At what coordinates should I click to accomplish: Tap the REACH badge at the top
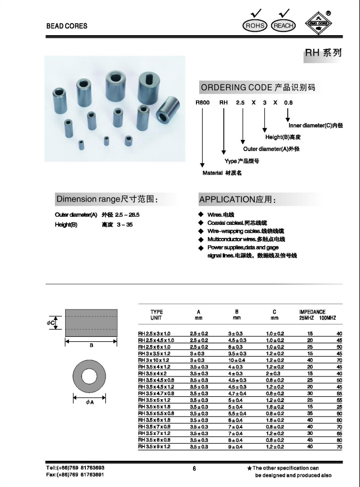283,26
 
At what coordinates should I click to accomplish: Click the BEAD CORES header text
67,26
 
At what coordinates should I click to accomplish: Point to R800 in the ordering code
202,102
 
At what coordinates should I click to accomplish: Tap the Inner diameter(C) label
315,125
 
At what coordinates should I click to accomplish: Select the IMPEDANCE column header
313,312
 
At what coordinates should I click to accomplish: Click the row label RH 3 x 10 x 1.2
154,360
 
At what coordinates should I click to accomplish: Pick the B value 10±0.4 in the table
236,360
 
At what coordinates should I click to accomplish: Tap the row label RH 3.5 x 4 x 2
152,373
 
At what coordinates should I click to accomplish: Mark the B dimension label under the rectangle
91,345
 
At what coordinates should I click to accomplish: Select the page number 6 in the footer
194,468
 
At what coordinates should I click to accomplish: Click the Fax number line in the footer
75,474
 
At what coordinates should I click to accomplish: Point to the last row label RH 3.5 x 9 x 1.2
154,447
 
